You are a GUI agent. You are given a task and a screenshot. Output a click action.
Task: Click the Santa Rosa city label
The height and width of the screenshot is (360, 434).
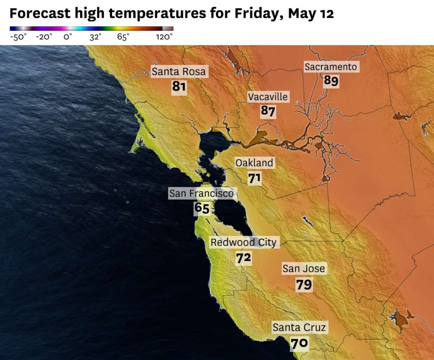coord(178,71)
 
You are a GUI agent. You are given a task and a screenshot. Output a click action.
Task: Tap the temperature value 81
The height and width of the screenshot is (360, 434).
coord(179,87)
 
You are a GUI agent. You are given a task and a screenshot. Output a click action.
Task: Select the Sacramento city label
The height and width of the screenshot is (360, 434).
coord(331,67)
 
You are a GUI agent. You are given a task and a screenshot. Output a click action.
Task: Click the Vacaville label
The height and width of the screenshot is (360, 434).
coord(268,97)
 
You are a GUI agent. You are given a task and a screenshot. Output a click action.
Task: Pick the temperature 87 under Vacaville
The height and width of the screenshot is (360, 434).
coord(268,111)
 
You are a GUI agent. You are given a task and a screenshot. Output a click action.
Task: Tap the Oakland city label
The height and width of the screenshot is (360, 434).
coord(254,163)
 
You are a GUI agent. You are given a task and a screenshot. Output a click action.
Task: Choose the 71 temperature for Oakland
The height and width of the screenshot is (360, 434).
coord(255,178)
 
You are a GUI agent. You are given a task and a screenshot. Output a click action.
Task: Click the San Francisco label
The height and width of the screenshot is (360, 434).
coord(201,194)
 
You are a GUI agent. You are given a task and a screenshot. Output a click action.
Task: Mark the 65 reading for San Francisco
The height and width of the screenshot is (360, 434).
coord(202,208)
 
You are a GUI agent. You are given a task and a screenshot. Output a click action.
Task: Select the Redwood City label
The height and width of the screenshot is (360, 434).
coord(243,242)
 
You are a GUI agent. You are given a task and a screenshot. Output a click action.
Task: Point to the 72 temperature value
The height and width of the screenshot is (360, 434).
coord(243,258)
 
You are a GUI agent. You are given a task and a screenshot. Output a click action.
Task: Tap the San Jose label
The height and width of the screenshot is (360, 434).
coord(304,268)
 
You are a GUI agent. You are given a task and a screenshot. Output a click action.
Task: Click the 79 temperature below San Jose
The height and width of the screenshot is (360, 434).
coord(304,284)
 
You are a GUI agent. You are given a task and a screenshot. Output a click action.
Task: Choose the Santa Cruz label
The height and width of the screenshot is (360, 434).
coord(299,328)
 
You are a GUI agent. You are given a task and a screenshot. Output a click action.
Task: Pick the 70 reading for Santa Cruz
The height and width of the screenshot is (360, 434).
coord(299,343)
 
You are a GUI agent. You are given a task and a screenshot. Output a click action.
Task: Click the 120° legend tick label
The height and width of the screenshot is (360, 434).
coord(164,37)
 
